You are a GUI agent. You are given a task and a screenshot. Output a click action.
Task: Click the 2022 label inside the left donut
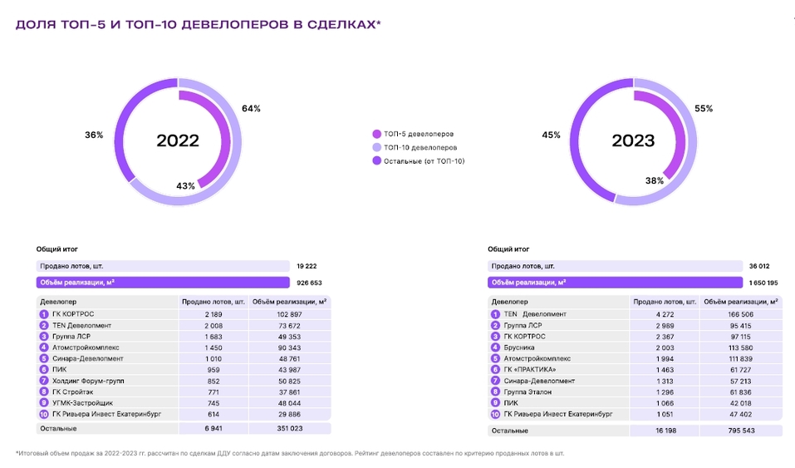point(178,140)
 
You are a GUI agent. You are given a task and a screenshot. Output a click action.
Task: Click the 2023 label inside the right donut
point(633,140)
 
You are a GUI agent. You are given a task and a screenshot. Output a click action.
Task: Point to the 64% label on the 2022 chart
point(251,109)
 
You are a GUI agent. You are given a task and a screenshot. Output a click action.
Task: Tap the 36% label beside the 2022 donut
point(94,135)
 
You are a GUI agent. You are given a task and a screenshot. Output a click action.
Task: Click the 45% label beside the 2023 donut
point(551,135)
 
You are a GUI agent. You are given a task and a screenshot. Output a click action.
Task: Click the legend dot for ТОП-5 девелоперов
point(376,134)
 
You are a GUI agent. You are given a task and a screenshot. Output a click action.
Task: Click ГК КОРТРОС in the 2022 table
point(73,314)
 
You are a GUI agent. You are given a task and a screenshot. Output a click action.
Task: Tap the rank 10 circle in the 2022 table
point(43,413)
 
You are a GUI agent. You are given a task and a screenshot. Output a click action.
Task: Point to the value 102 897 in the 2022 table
point(290,314)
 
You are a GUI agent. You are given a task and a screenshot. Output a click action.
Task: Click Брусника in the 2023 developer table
point(523,347)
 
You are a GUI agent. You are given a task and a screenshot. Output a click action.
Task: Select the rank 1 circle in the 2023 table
point(495,314)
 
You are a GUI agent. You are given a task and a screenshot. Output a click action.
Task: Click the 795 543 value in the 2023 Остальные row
point(740,431)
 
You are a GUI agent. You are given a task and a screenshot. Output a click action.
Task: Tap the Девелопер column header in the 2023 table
point(510,301)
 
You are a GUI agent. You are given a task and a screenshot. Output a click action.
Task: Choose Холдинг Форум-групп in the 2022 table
point(89,380)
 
